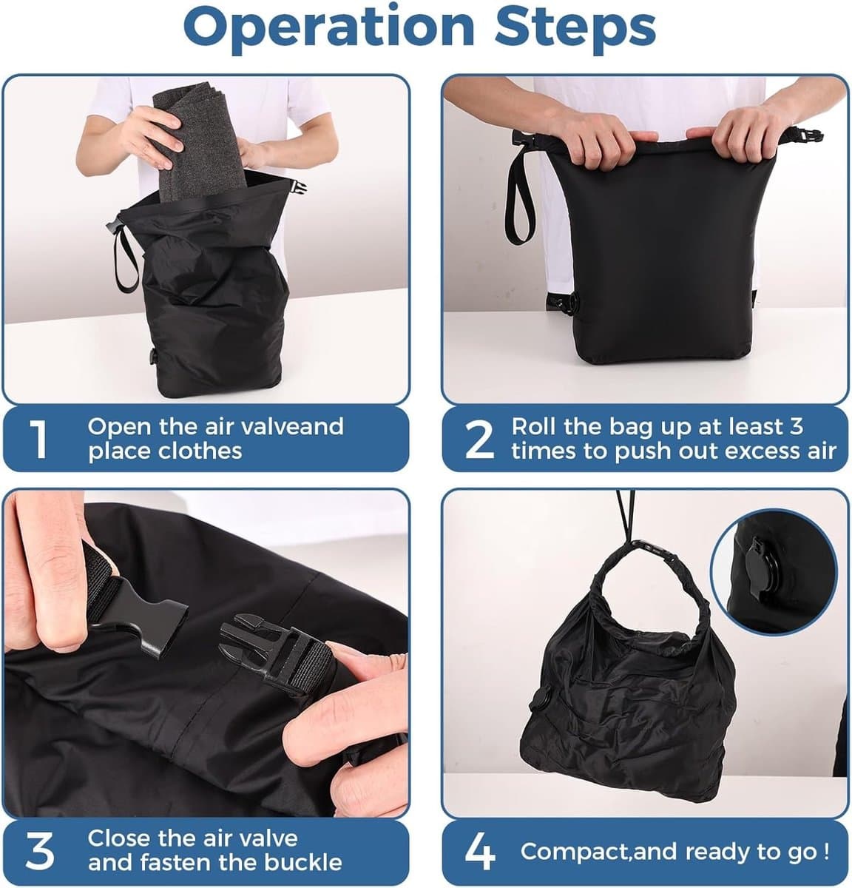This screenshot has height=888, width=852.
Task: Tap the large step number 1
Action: pyautogui.click(x=38, y=439)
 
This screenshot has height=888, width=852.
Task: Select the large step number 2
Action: pyautogui.click(x=479, y=439)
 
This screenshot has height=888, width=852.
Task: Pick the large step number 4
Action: pyautogui.click(x=480, y=852)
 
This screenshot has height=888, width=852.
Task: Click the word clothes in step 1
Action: pyautogui.click(x=200, y=451)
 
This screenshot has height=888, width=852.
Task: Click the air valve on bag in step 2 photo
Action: pyautogui.click(x=563, y=303)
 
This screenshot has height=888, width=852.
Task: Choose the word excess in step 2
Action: pyautogui.click(x=760, y=451)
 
